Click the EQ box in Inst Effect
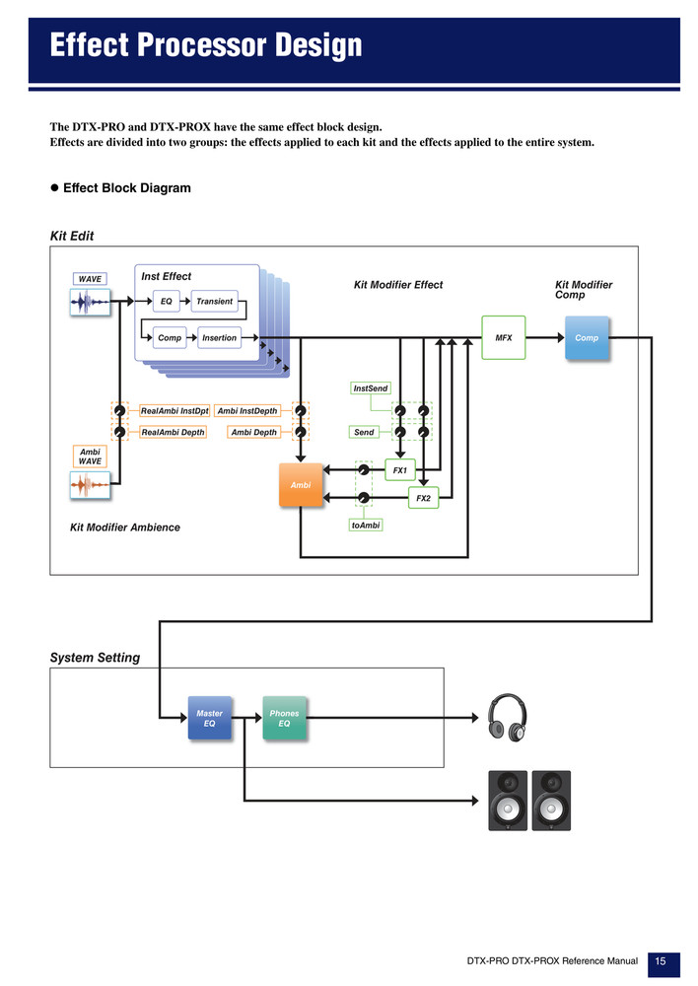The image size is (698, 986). (166, 301)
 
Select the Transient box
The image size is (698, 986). (215, 301)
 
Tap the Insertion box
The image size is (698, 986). (219, 337)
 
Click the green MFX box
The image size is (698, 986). (504, 337)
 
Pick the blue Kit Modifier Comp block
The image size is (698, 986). (587, 337)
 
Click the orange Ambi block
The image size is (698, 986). (301, 485)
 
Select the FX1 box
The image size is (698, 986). (400, 469)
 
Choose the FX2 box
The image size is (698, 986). (423, 498)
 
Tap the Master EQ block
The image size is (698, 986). (209, 718)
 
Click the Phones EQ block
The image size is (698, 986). (284, 718)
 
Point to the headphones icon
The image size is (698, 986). (508, 718)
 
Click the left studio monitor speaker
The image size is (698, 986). (508, 801)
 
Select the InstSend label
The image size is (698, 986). (371, 387)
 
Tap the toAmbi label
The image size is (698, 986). (366, 526)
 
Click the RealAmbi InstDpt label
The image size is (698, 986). (174, 410)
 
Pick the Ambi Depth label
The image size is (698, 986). (253, 432)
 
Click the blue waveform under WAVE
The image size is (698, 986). (90, 303)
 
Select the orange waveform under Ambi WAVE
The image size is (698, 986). (90, 485)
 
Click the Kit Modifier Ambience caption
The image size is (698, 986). (125, 528)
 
